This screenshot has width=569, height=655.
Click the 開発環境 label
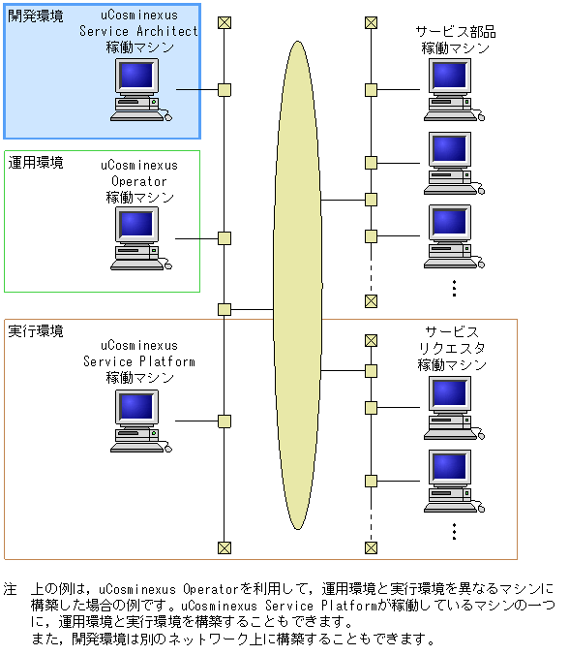click(x=36, y=16)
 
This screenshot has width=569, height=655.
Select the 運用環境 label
click(x=36, y=163)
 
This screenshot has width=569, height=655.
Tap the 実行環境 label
click(x=36, y=331)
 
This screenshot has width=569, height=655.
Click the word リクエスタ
click(x=452, y=348)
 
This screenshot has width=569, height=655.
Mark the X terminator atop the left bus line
click(x=225, y=22)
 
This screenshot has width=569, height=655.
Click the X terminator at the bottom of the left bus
click(x=225, y=547)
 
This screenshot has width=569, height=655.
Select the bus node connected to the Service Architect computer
click(x=225, y=90)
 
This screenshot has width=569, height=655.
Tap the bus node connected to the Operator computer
click(x=225, y=238)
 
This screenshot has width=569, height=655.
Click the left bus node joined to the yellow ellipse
click(x=225, y=309)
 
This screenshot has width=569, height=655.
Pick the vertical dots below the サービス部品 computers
click(x=454, y=287)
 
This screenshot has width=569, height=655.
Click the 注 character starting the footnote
click(x=11, y=588)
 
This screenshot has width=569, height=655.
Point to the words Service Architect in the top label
click(x=139, y=31)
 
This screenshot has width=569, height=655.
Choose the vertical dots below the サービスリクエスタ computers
click(x=454, y=531)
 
